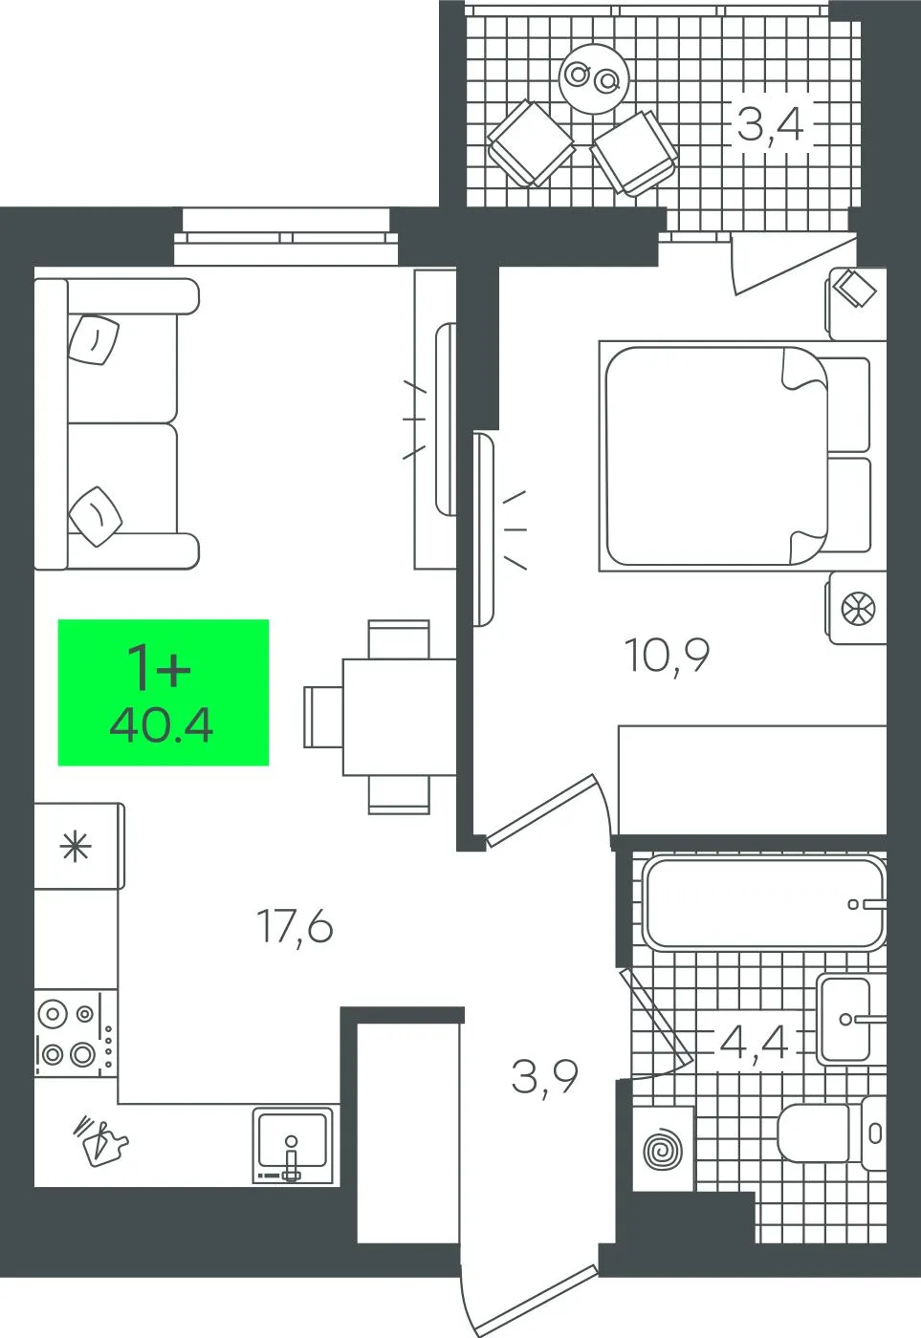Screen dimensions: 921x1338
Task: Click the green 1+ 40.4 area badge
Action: pyautogui.click(x=164, y=692)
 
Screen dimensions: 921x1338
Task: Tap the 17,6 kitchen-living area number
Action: pyautogui.click(x=295, y=926)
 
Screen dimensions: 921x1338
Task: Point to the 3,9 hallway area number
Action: pyautogui.click(x=544, y=1077)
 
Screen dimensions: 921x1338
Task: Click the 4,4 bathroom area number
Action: pyautogui.click(x=755, y=1044)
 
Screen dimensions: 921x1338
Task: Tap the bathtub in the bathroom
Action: pyautogui.click(x=764, y=904)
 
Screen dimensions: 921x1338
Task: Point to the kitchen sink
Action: pyautogui.click(x=293, y=1143)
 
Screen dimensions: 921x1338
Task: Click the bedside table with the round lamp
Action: pyautogui.click(x=857, y=608)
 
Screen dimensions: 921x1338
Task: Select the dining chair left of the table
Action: pyautogui.click(x=323, y=716)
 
